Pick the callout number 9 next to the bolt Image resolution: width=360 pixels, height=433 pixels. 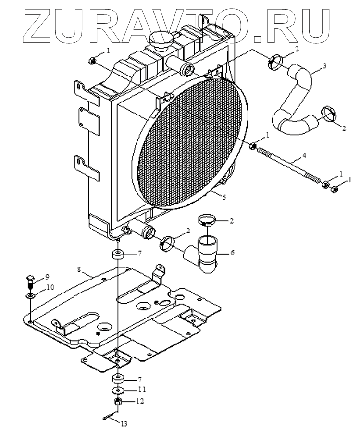click(x=47, y=277)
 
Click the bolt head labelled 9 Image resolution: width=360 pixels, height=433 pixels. click(x=30, y=279)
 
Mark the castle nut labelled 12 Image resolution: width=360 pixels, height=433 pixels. click(x=117, y=400)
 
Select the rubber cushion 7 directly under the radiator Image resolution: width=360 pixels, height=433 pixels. click(x=117, y=254)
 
